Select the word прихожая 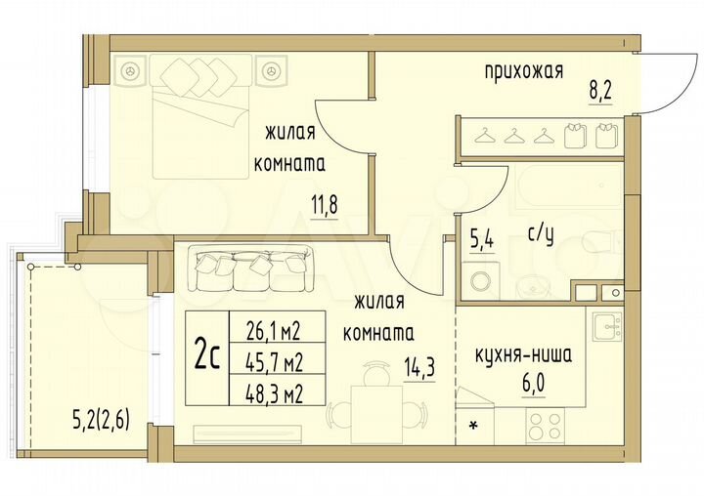[523, 70]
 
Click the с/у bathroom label [541, 235]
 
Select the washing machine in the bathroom [483, 281]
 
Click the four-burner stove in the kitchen [545, 424]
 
